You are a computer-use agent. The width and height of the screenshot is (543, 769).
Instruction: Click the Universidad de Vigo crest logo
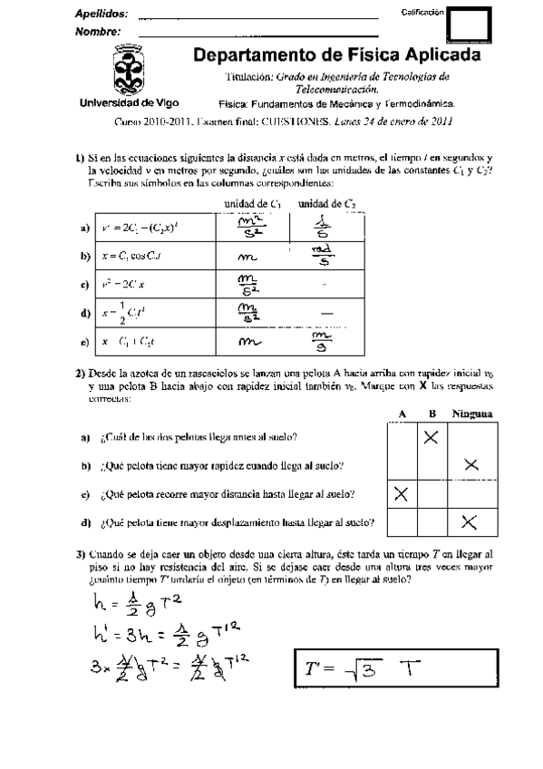tap(134, 72)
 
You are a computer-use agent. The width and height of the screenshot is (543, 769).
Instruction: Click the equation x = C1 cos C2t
tap(136, 257)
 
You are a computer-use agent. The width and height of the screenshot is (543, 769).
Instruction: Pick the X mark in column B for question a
tap(431, 437)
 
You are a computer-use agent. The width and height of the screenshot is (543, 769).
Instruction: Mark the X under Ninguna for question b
tap(470, 465)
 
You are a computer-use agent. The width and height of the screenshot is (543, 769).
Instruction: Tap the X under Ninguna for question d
tap(470, 521)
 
